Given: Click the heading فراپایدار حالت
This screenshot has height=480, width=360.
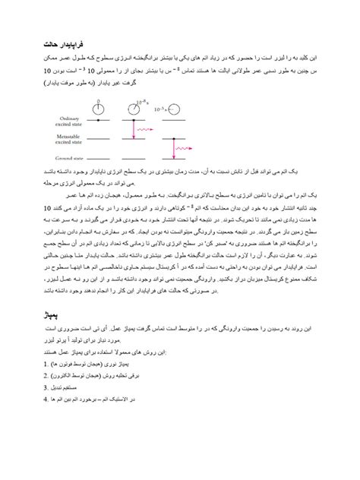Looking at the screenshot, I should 65,47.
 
